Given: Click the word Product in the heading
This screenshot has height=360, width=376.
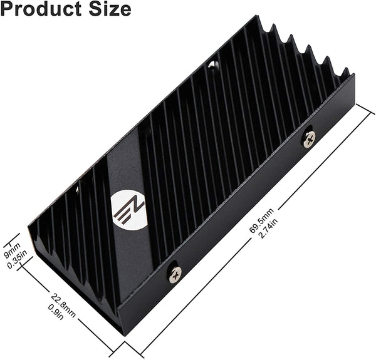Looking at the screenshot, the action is (x=41, y=9).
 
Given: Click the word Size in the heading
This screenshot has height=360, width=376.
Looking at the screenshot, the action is (x=110, y=9).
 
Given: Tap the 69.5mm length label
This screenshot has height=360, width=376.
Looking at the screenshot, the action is (x=261, y=220).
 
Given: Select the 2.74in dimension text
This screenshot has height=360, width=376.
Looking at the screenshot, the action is (x=269, y=227).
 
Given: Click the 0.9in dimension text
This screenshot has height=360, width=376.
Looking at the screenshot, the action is (x=56, y=312).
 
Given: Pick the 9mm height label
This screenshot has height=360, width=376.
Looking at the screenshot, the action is (x=13, y=250).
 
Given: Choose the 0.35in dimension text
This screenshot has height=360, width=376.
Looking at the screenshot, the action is (x=18, y=259).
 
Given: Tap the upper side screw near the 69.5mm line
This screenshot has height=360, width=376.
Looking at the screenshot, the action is (x=309, y=140).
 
